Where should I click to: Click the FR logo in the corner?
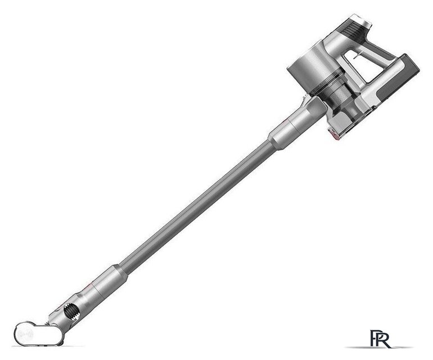pos(380,339)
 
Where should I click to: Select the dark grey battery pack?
pos(400,78)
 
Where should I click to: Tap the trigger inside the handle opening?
pos(358,56)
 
